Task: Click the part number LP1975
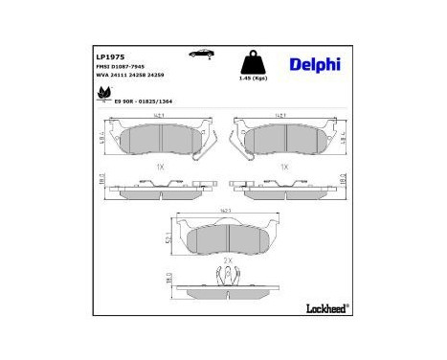tap(107, 56)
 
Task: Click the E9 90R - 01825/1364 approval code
tap(146, 99)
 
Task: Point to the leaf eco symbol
tap(101, 94)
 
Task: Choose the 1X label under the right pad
tap(284, 167)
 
